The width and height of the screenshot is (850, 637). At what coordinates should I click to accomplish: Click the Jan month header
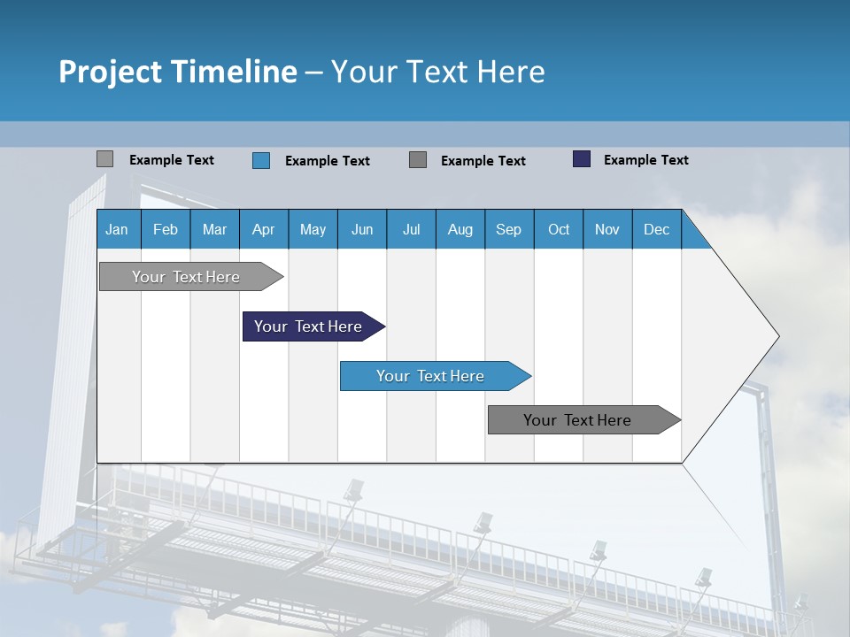(118, 229)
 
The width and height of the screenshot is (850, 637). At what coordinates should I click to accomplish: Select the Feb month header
(166, 229)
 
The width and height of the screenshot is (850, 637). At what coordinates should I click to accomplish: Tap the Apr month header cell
(264, 229)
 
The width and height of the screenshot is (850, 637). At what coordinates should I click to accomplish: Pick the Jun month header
(362, 229)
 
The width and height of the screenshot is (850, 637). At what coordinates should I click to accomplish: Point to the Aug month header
(460, 229)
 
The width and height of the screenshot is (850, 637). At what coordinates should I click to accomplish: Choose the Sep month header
(509, 229)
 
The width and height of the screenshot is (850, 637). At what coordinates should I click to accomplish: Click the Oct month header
(559, 229)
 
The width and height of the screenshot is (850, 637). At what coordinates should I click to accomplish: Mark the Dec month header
(657, 229)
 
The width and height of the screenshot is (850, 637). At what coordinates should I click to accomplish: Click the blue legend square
(261, 160)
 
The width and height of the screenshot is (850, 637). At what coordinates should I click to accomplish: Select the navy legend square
(582, 159)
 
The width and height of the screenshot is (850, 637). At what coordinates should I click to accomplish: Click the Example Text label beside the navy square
(646, 160)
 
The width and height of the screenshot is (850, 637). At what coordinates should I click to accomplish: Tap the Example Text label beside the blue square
(328, 161)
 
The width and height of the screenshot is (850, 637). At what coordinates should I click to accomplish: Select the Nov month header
(607, 229)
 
